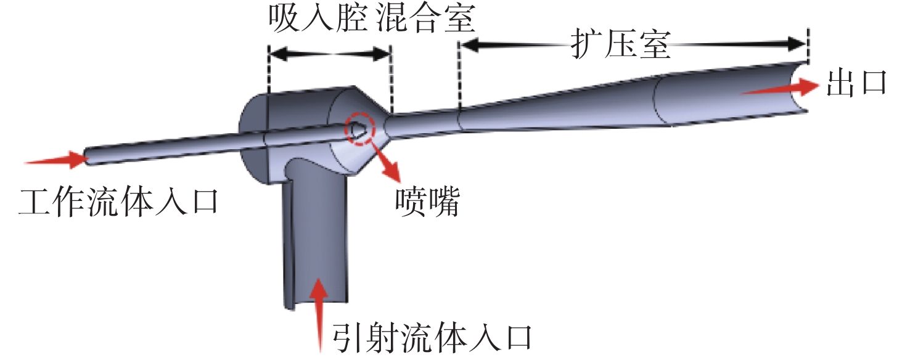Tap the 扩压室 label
tap(620, 44)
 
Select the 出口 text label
tap(856, 83)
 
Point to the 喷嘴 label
tap(427, 202)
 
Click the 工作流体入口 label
tap(118, 202)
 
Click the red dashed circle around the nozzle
tap(359, 128)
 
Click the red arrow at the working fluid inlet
tap(55, 160)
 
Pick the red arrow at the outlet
tap(779, 89)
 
